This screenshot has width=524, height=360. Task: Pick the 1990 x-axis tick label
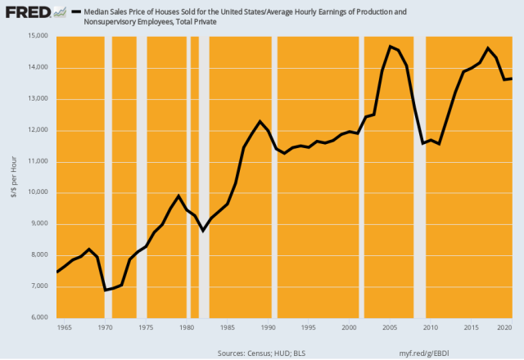268,327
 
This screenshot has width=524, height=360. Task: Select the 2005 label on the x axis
390,327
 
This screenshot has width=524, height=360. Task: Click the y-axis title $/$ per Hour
11,177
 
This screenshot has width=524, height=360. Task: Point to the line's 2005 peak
391,46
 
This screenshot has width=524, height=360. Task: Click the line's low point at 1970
105,290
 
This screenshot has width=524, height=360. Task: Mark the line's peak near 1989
260,121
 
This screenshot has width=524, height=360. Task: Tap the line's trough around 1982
203,231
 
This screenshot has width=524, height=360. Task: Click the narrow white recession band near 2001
359,177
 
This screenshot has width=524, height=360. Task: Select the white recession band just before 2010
421,177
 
